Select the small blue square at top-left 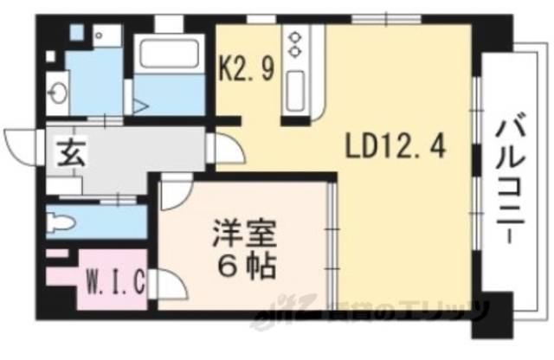[x=76, y=33]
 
